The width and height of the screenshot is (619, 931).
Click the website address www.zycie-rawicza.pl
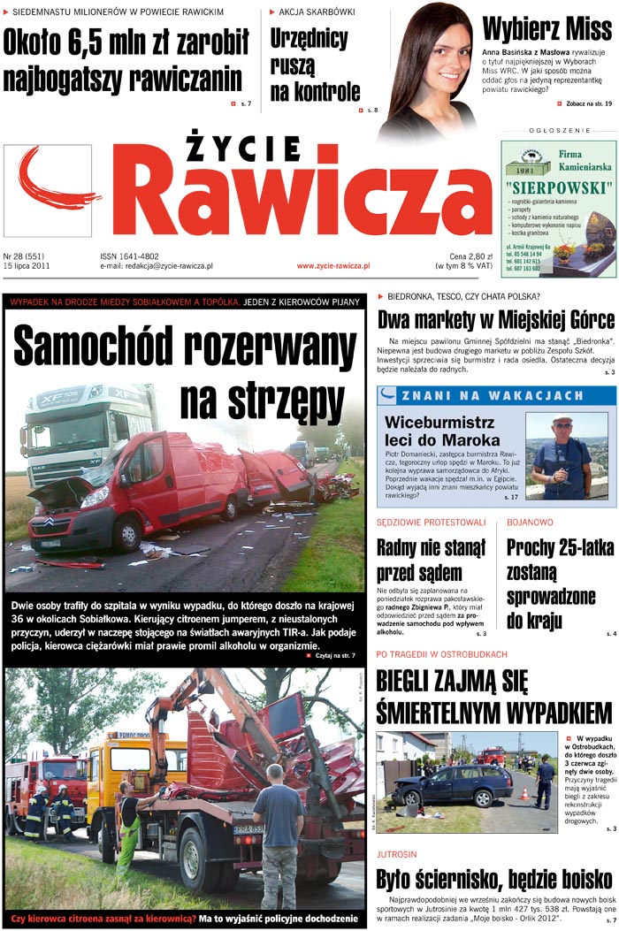tap(332, 265)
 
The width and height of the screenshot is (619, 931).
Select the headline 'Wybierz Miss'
tap(546, 29)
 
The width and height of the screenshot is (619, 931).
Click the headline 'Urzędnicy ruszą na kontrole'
tap(315, 65)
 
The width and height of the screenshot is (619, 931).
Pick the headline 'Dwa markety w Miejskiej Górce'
tap(495, 320)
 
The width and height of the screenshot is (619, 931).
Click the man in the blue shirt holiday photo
tap(560, 456)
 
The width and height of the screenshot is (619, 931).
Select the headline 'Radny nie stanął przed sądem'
tap(431, 559)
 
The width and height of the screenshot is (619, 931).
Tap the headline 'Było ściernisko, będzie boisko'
tap(493, 880)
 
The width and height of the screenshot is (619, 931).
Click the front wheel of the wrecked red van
tap(126, 533)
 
